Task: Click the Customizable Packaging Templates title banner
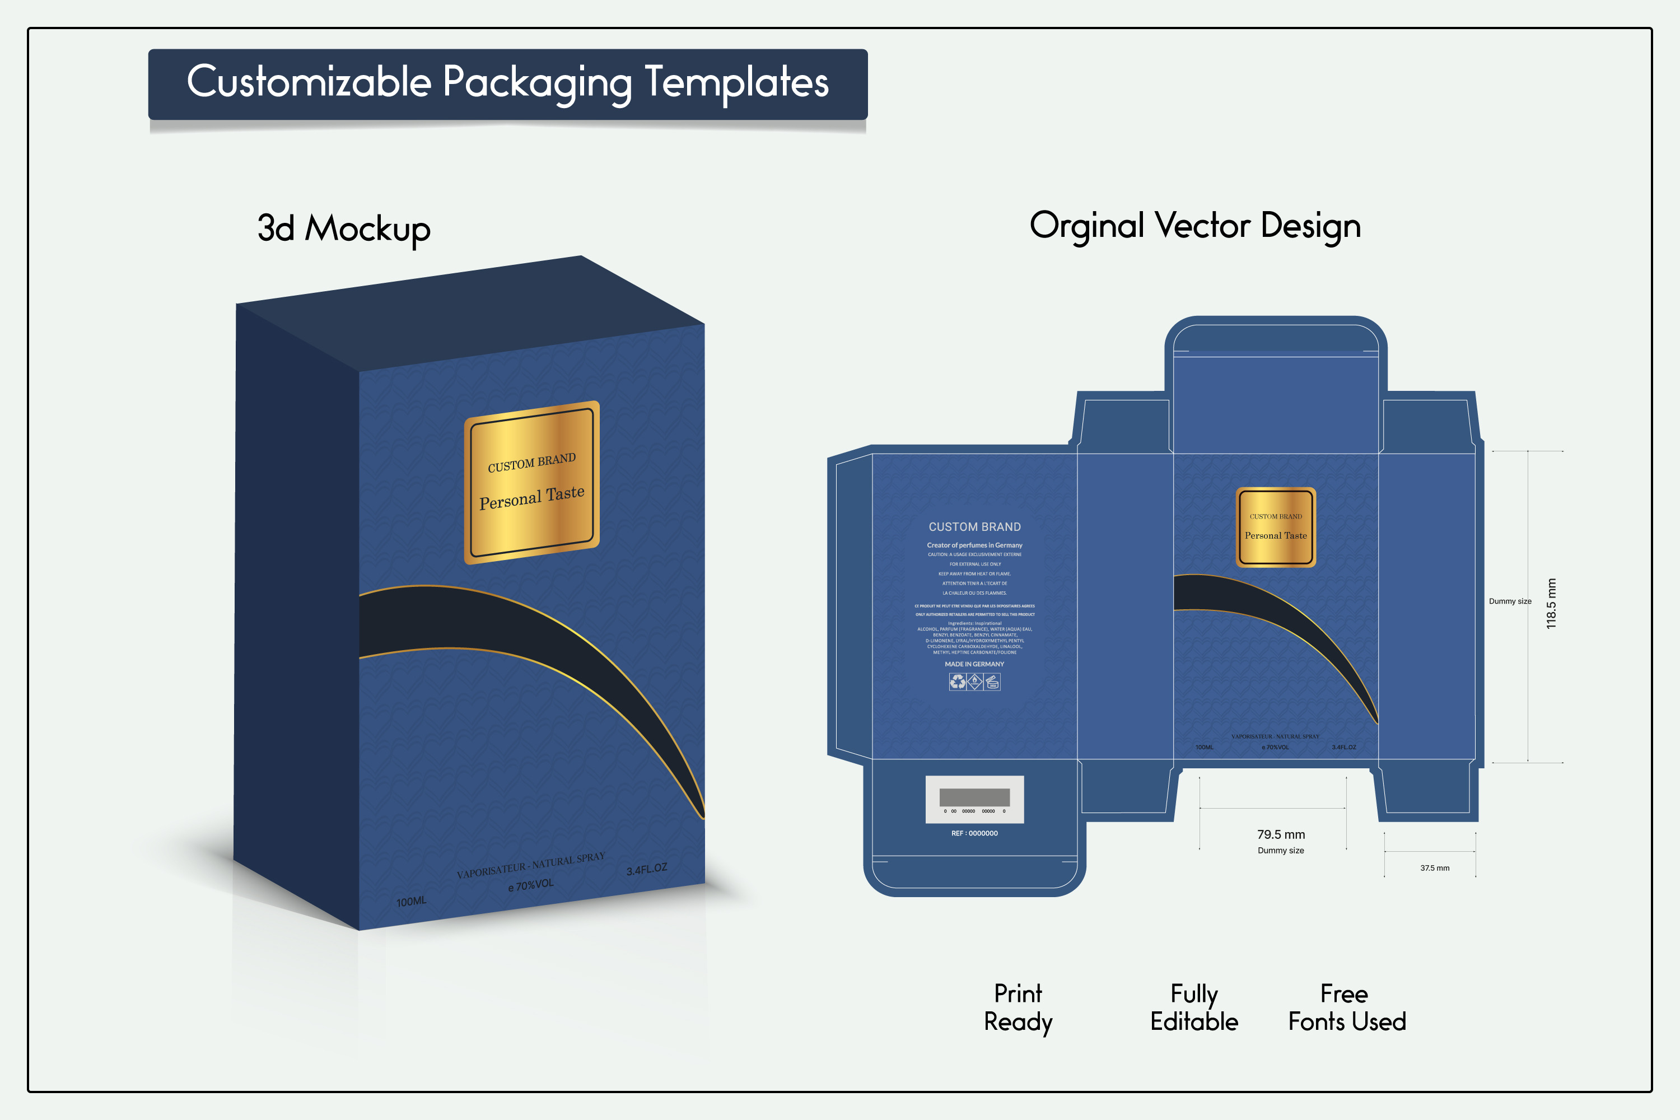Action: (x=507, y=83)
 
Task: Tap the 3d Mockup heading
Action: (x=344, y=228)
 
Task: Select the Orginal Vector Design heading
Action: (x=1195, y=226)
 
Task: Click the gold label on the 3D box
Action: (x=531, y=482)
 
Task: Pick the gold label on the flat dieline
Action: (x=1276, y=527)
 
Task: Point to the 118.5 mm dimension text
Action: (x=1551, y=604)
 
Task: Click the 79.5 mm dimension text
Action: (x=1281, y=834)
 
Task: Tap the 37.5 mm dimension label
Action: (x=1434, y=868)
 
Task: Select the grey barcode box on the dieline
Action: (x=974, y=799)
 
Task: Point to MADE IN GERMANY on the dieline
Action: (x=974, y=664)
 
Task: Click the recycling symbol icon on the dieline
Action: (x=957, y=682)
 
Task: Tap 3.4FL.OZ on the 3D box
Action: (x=646, y=869)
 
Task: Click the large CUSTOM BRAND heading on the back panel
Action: (x=974, y=527)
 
